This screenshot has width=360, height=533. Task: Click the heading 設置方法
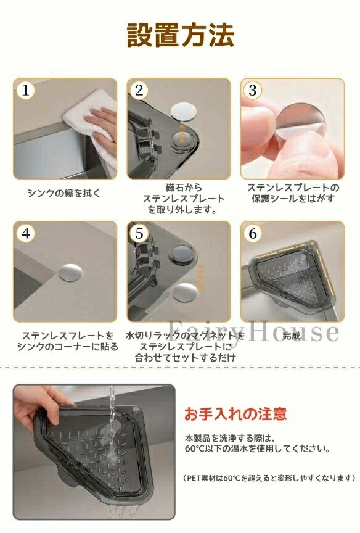coord(181,35)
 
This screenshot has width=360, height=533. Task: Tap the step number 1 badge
coord(25,91)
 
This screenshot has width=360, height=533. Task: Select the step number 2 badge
coord(139,91)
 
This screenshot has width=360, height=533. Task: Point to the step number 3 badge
coord(253,91)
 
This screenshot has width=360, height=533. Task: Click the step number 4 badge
coord(25,234)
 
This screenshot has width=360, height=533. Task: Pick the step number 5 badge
coord(139,234)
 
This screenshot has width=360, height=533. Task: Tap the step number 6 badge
coord(253,234)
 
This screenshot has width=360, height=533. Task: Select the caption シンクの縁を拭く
coord(64,194)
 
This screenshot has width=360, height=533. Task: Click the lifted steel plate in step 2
coord(184,112)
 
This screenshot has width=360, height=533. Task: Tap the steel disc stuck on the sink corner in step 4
coord(71,272)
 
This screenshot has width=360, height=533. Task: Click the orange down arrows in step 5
coord(201,276)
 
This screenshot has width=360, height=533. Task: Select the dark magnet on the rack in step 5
coord(182,252)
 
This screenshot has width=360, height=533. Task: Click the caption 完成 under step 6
coord(292,336)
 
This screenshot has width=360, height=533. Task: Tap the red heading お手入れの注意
coord(235,414)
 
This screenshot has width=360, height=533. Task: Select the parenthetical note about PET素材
coord(269,478)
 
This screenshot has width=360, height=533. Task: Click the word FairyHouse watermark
coord(253,331)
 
